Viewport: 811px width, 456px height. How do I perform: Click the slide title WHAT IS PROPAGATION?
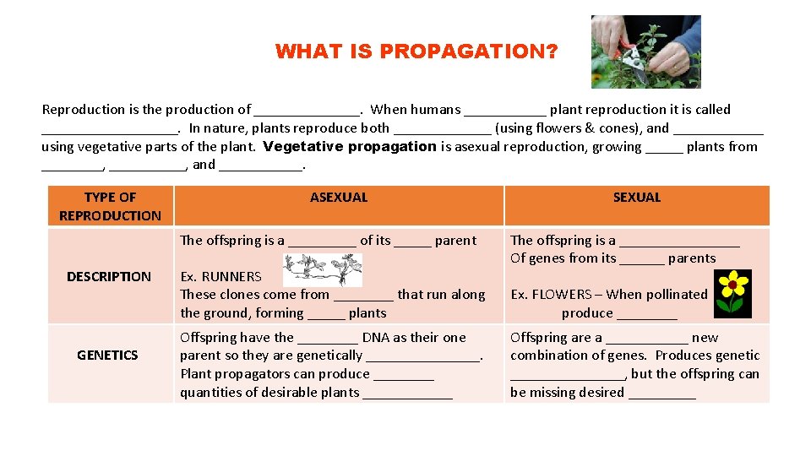pos(416,52)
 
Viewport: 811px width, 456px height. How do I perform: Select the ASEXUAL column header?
pos(339,198)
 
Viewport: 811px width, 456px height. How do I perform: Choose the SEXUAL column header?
pos(636,198)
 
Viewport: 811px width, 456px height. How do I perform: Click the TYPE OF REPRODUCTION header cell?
pos(110,206)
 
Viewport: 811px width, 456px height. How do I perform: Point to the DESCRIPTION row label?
pos(109,276)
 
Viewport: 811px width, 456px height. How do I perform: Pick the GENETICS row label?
pos(107,356)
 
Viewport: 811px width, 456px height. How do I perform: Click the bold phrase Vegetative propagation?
pos(350,147)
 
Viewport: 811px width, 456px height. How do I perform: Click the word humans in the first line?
pos(437,109)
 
